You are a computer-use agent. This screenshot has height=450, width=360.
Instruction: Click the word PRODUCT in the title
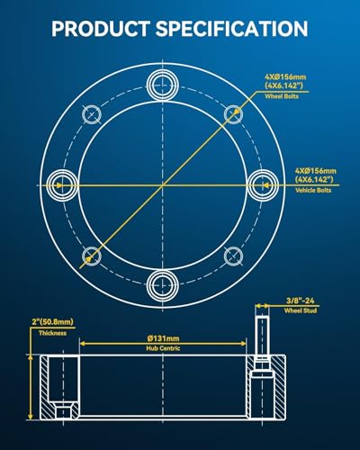pyautogui.click(x=100, y=29)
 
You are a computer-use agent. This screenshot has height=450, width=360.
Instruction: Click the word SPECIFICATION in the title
pyautogui.click(x=231, y=29)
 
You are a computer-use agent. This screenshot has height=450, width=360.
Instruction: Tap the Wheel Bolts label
pyautogui.click(x=282, y=96)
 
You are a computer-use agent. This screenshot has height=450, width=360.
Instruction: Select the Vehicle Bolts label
pyautogui.click(x=313, y=190)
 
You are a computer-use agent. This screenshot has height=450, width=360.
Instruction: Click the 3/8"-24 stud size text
pyautogui.click(x=301, y=301)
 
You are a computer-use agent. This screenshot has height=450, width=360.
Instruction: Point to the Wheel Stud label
pyautogui.click(x=301, y=310)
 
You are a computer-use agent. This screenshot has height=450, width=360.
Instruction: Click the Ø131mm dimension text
pyautogui.click(x=163, y=338)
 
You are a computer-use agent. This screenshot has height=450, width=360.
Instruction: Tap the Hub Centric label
pyautogui.click(x=163, y=348)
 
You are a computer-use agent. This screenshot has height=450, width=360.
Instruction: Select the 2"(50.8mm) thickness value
pyautogui.click(x=53, y=322)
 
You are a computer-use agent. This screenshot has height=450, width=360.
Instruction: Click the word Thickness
pyautogui.click(x=52, y=333)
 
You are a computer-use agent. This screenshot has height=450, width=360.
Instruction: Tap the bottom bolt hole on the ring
pyautogui.click(x=163, y=285)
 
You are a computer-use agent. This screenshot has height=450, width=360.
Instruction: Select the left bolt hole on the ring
pyautogui.click(x=63, y=185)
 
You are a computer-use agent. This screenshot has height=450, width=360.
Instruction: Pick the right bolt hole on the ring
pyautogui.click(x=263, y=185)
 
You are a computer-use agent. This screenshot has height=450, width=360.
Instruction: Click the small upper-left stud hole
pyautogui.click(x=92, y=114)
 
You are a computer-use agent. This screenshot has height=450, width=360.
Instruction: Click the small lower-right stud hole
pyautogui.click(x=234, y=256)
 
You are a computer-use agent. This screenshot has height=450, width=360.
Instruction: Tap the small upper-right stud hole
pyautogui.click(x=234, y=114)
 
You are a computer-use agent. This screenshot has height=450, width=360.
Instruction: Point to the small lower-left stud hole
pyautogui.click(x=92, y=256)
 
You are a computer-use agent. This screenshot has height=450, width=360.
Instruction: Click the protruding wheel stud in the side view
pyautogui.click(x=262, y=336)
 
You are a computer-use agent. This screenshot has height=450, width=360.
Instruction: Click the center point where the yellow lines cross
pyautogui.click(x=163, y=185)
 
